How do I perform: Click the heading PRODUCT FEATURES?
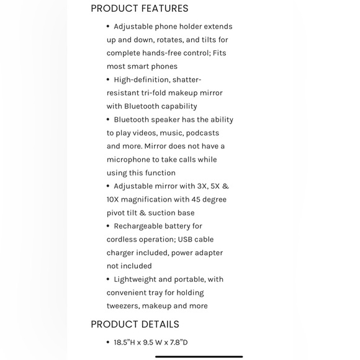(140, 9)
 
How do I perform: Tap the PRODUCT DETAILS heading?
(135, 324)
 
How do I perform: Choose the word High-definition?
(142, 79)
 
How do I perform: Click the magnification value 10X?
(115, 199)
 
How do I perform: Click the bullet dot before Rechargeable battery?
(108, 226)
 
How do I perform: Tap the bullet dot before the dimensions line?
(108, 342)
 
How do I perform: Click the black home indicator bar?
(199, 356)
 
